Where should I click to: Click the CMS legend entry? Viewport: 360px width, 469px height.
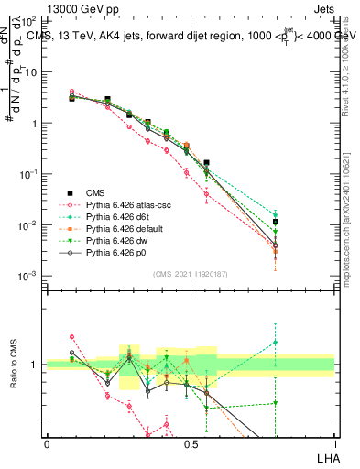(95, 192)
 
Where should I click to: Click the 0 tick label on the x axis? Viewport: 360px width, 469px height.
(47, 444)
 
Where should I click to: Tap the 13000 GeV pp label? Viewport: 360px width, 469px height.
(46, 7)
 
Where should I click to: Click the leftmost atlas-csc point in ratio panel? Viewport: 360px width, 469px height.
(72, 337)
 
